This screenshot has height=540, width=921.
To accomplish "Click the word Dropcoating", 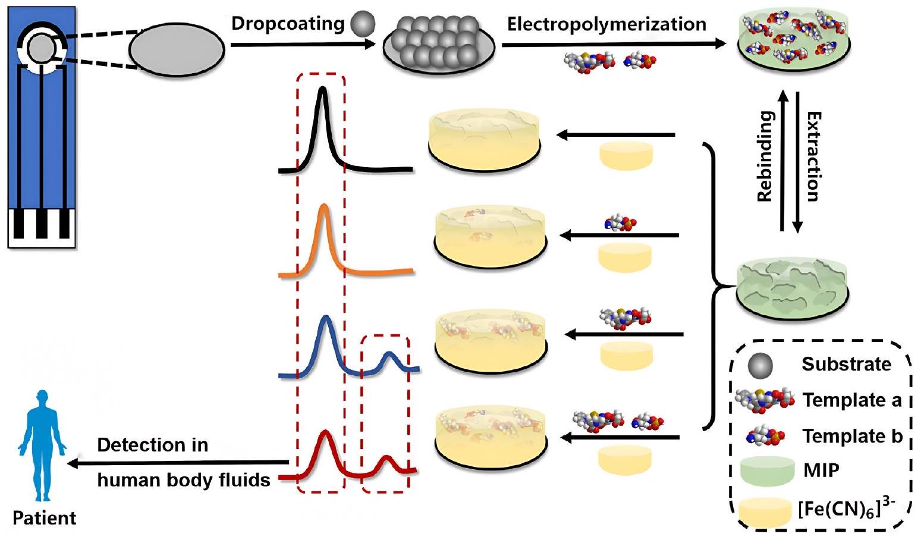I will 288,24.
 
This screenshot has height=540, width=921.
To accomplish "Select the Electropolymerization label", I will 606,24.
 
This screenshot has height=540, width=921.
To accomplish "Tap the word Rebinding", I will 765,156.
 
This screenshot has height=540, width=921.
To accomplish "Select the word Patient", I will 45,518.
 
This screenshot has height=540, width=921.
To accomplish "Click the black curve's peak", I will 323,89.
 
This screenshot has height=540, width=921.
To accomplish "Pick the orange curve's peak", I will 324,206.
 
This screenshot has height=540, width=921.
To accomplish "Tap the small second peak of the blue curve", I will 389,354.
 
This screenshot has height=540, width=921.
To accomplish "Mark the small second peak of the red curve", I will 387,458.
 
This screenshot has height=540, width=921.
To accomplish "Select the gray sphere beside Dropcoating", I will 362,24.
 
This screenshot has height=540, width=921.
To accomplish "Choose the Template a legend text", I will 851,400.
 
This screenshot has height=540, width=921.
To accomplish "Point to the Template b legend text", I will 852,436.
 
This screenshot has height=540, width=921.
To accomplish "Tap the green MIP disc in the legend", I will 767,470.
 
